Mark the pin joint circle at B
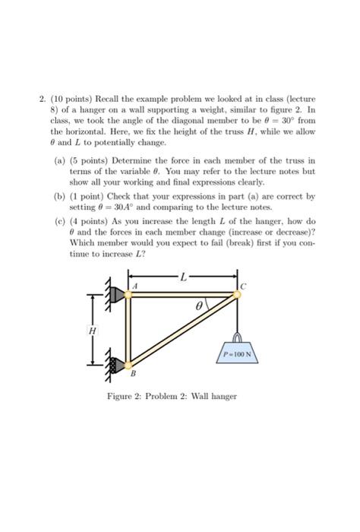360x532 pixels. pyautogui.click(x=128, y=363)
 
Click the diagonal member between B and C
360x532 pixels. pyautogui.click(x=182, y=329)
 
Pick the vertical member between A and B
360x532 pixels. pyautogui.click(x=128, y=329)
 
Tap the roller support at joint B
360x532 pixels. pyautogui.click(x=116, y=363)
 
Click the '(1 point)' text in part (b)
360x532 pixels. pyautogui.click(x=88, y=196)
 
